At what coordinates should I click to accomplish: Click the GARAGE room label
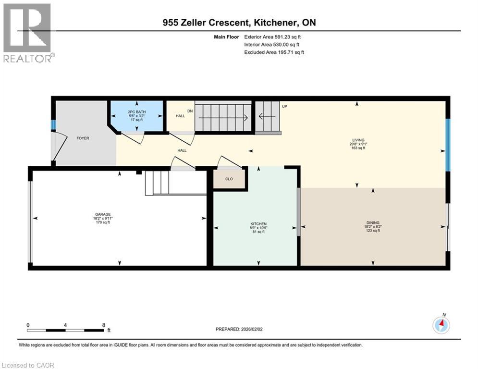point(103,214)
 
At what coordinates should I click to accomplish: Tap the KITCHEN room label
point(258,224)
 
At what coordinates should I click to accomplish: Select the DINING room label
point(373,222)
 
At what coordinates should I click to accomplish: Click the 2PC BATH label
point(137,112)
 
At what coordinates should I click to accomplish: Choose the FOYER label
point(83,138)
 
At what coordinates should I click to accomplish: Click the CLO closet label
point(229,179)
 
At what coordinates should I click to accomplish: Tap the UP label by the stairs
point(284,106)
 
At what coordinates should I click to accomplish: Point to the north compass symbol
point(441,325)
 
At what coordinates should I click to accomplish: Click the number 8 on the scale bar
point(104,325)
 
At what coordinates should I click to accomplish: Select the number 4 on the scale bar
point(65,325)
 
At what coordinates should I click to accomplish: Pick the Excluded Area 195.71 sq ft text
point(274,52)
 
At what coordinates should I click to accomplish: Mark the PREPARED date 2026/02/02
point(239,329)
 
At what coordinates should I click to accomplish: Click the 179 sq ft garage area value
point(103,222)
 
